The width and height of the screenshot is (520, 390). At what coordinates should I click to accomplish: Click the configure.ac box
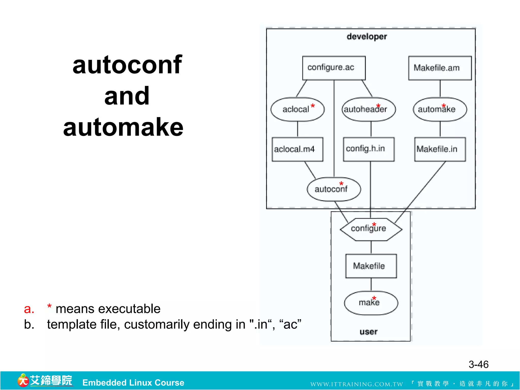point(334,68)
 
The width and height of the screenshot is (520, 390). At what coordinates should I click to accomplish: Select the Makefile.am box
point(440,68)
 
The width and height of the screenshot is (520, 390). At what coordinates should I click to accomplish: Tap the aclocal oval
point(297,109)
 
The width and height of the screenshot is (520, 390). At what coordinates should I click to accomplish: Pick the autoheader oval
point(368,109)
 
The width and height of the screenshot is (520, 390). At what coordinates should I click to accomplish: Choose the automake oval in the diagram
point(440,109)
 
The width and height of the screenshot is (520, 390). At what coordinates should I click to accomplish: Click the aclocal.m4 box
point(297,149)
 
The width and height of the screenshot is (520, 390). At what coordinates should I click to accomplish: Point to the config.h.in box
point(368,149)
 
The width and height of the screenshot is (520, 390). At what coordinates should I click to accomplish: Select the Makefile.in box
point(440,149)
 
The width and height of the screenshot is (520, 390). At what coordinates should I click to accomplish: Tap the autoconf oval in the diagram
point(334,189)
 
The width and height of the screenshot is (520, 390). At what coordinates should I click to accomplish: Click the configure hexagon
point(371,229)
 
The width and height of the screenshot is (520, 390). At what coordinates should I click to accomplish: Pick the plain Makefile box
point(371,266)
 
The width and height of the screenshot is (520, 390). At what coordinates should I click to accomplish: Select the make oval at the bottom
point(371,303)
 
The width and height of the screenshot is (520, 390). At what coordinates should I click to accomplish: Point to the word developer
point(367,37)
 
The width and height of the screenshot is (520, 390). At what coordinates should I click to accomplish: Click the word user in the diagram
point(368,332)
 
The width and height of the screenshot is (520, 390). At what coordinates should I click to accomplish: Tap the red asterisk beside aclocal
point(313,106)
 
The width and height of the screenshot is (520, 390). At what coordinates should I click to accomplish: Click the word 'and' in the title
point(127,96)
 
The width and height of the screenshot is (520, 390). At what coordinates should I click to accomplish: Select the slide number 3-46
point(478,364)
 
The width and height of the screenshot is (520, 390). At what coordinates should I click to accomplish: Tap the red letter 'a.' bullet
point(29,309)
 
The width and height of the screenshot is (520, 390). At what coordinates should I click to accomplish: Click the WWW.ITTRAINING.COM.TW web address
point(356,384)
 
